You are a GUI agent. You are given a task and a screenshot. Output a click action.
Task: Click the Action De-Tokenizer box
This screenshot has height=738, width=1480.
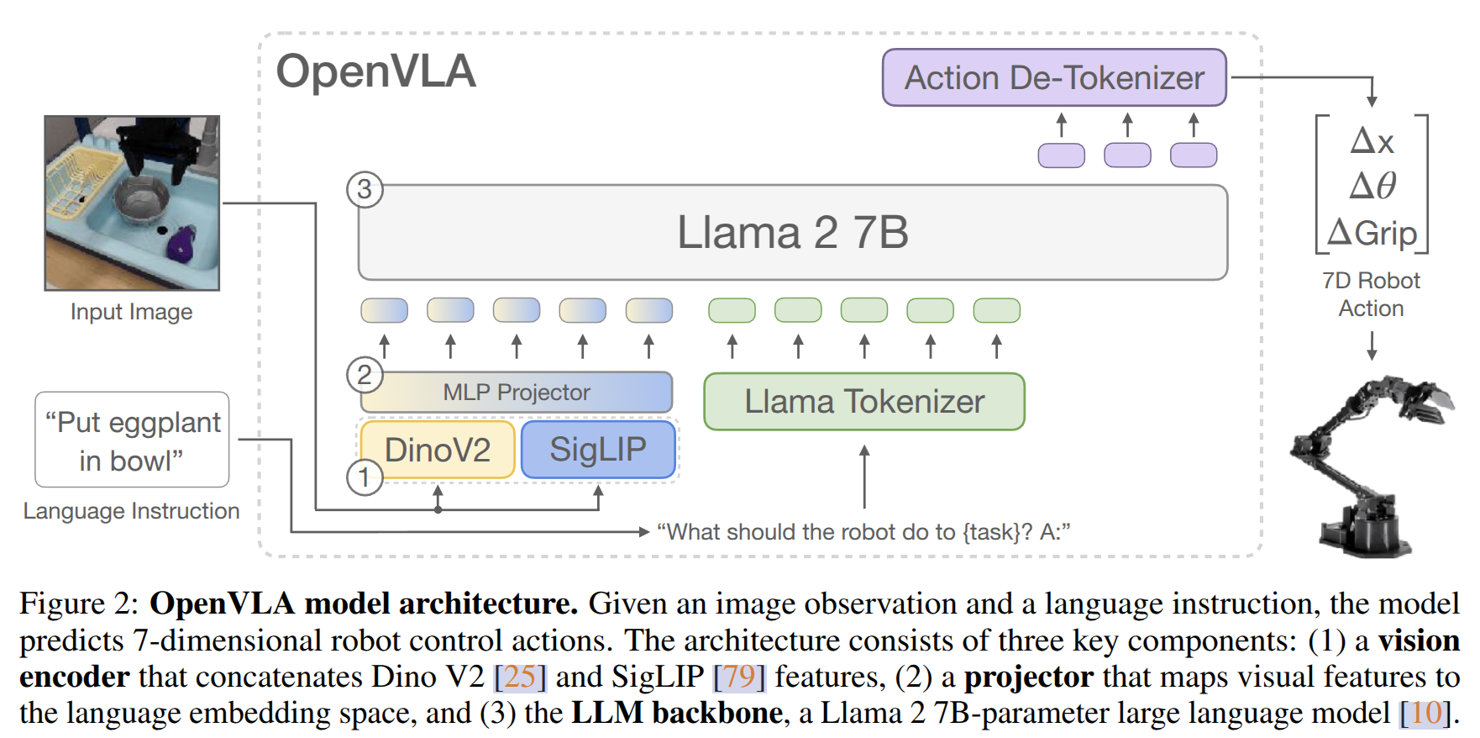point(1053,77)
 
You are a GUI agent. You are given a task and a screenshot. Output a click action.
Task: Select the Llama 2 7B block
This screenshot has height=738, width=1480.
point(792,232)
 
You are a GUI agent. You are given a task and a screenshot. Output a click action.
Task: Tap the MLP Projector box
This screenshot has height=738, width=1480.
point(517,393)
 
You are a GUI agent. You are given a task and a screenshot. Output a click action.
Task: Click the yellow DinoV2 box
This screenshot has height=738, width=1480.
point(437,450)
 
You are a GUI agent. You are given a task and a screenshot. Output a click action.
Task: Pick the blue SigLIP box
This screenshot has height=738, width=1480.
point(598,450)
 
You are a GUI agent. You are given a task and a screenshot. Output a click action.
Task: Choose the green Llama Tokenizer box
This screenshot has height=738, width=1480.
point(863,402)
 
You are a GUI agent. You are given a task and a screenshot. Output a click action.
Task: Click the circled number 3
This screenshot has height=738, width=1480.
point(365,189)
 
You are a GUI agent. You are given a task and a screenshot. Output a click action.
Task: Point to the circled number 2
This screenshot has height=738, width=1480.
point(365,375)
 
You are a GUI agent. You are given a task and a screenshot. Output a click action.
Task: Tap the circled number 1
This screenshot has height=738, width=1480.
point(365,477)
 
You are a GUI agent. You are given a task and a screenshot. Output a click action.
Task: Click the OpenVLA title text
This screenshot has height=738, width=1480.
point(375,71)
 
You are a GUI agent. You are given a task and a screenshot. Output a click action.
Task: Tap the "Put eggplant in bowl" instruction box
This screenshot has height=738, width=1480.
point(132,440)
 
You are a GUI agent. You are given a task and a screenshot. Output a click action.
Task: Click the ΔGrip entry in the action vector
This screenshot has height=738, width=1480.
point(1372,233)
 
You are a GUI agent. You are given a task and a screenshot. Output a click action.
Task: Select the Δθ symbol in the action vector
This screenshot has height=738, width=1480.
point(1372,186)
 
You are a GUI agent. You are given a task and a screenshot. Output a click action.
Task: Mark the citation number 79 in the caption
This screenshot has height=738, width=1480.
point(739,677)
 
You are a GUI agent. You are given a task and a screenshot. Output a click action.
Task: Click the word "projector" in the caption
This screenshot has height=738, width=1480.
point(1028,677)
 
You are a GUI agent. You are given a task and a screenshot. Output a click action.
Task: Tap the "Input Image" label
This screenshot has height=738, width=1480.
point(132,312)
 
